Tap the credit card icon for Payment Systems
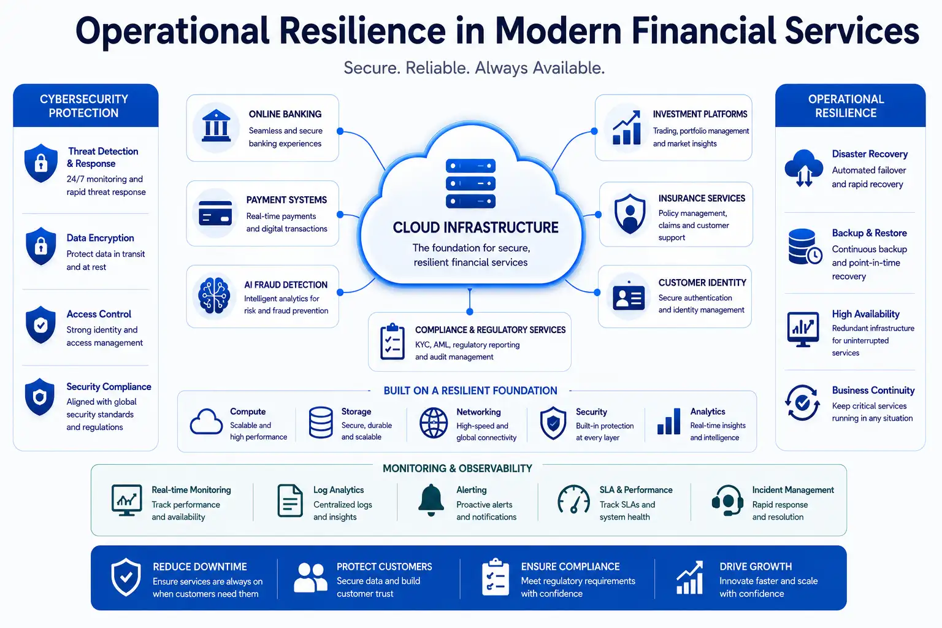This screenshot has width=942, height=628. [215, 213]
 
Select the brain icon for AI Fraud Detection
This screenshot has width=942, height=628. [214, 295]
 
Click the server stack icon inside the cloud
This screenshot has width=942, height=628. [470, 183]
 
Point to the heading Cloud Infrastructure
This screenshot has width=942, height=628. [475, 228]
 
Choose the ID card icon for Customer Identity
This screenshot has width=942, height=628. [628, 297]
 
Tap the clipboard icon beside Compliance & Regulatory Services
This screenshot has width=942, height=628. [392, 342]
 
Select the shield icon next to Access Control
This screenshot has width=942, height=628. [40, 324]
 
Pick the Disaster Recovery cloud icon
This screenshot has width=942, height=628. [803, 168]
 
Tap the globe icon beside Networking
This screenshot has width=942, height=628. [433, 423]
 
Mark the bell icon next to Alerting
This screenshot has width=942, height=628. [431, 500]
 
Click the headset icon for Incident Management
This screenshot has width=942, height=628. [727, 500]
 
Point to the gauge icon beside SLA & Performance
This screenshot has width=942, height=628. [573, 499]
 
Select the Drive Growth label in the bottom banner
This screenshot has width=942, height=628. [756, 567]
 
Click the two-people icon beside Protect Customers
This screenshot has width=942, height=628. [310, 578]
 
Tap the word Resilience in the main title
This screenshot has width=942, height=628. [362, 31]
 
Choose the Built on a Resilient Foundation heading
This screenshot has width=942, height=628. [470, 391]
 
